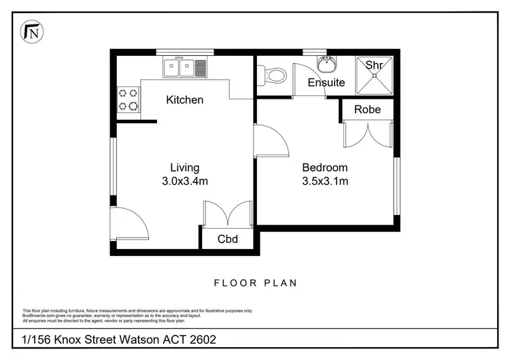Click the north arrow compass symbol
click(x=31, y=31)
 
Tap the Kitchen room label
click(x=185, y=100)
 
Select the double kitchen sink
click(x=179, y=67)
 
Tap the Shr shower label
click(x=374, y=65)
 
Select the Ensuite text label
click(x=326, y=83)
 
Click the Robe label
click(x=367, y=110)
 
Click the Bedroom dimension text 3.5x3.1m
click(x=325, y=181)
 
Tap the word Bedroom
click(x=325, y=167)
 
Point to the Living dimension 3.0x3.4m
click(x=184, y=181)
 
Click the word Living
click(x=184, y=167)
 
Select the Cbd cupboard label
click(x=227, y=239)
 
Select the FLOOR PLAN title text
click(x=255, y=283)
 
